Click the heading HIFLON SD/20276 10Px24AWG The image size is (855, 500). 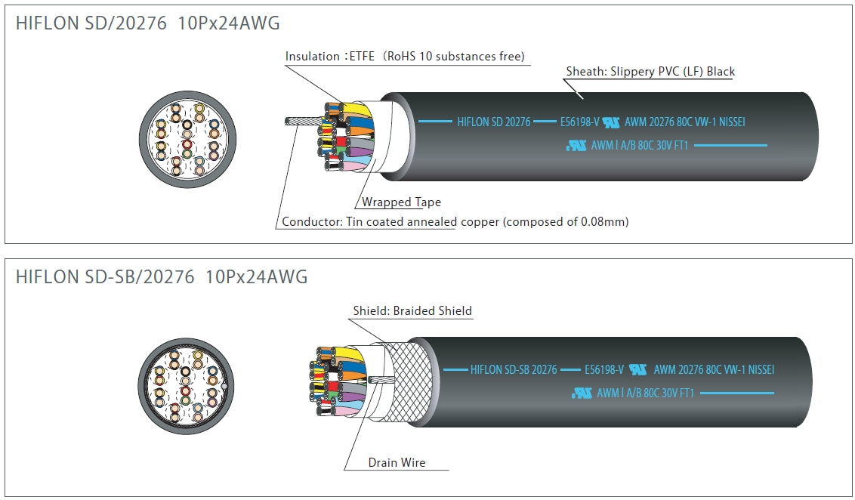click(x=147, y=23)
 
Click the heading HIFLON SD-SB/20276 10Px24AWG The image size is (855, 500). click(x=162, y=277)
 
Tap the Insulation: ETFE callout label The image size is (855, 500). click(x=332, y=57)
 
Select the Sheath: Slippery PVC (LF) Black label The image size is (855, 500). click(x=650, y=72)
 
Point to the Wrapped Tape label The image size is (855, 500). click(x=401, y=202)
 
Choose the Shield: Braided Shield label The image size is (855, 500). click(x=412, y=311)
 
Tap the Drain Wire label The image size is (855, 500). click(x=397, y=462)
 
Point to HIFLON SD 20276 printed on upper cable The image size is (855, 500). click(x=494, y=122)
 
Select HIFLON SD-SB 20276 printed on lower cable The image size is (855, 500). click(x=514, y=370)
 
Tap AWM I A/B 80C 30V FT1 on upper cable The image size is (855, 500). click(x=639, y=146)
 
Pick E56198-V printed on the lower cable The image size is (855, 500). click(x=604, y=370)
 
